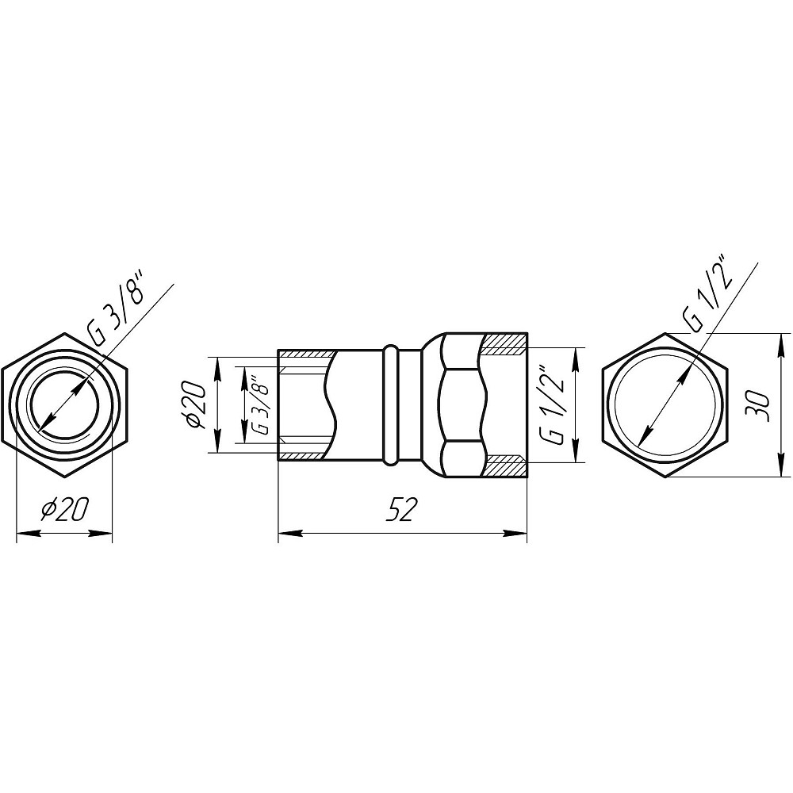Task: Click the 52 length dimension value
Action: (400, 509)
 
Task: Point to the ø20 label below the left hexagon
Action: (65, 509)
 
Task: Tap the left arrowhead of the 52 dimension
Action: (290, 533)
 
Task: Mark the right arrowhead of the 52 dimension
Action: (515, 533)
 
